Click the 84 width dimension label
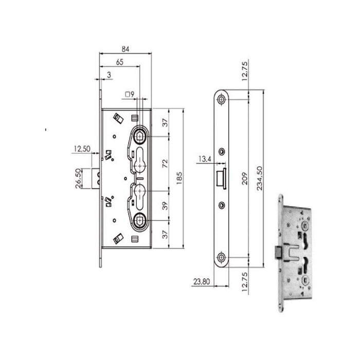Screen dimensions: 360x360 coord(125,49)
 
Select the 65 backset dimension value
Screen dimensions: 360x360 coord(120,62)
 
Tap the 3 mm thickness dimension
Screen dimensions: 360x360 coord(109,75)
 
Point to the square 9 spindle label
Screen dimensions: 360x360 coord(130,94)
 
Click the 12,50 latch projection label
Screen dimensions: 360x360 coord(82,149)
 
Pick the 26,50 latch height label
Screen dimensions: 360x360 coord(79,178)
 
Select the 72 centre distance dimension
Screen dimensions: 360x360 coord(165,164)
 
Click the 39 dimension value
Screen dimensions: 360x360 coord(165,206)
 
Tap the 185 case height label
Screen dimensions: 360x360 coord(179,178)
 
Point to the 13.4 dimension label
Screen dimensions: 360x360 coord(205,158)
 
